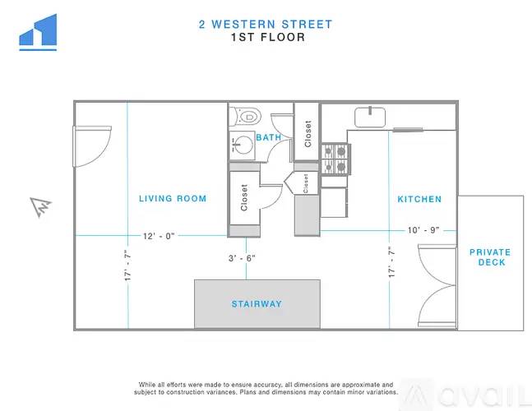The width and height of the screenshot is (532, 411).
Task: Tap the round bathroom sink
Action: (x=243, y=145)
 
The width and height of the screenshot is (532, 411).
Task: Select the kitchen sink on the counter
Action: (x=370, y=118)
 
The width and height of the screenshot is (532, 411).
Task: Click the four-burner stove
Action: (x=335, y=159)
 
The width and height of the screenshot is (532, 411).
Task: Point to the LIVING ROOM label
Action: (x=173, y=198)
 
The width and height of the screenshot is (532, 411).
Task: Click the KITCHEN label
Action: (x=419, y=199)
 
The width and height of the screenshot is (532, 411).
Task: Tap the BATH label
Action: (x=269, y=137)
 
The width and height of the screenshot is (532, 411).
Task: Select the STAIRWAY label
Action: (x=257, y=304)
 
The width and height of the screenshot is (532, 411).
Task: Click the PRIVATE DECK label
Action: (x=490, y=257)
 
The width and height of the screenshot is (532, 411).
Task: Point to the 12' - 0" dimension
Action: (x=159, y=236)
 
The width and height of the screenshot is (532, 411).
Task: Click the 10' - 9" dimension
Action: (x=423, y=230)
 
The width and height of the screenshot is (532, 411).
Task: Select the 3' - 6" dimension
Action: (x=242, y=258)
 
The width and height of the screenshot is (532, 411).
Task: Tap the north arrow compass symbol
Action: (x=41, y=207)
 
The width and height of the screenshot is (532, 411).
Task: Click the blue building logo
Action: (x=38, y=32)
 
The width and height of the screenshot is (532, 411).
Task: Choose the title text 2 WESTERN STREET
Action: (x=266, y=25)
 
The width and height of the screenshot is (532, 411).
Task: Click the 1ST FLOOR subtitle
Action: (x=268, y=37)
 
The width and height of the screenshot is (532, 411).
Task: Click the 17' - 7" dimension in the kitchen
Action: (x=391, y=262)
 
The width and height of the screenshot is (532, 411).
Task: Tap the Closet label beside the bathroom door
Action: (x=308, y=134)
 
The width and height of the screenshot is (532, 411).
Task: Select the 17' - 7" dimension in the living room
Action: (x=127, y=266)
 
